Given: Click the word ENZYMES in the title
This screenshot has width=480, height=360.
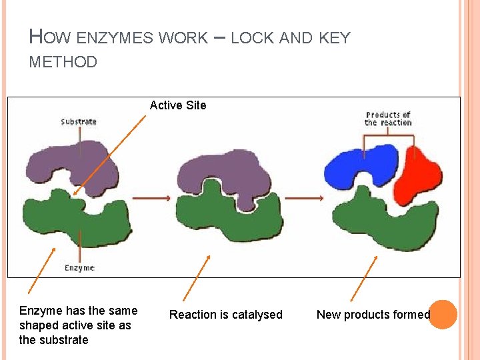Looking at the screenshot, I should tap(115, 38).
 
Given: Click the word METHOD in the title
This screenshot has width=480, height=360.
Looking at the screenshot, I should tap(63, 63).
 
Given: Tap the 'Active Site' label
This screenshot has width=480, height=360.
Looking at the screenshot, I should tap(178, 105).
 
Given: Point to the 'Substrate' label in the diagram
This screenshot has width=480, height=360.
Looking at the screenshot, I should tap(79, 121).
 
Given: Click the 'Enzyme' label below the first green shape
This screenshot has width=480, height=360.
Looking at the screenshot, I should tap(79, 268).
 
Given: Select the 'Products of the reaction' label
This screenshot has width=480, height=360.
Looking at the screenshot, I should tap(387, 119).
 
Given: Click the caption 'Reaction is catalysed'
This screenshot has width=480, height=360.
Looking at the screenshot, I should tap(226, 315).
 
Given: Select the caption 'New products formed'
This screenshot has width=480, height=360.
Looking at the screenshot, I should tap(373, 315).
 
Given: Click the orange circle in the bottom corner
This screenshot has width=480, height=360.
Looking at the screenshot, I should tap(443, 315).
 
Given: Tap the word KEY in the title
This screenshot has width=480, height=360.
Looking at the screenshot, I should tap(334, 38).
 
